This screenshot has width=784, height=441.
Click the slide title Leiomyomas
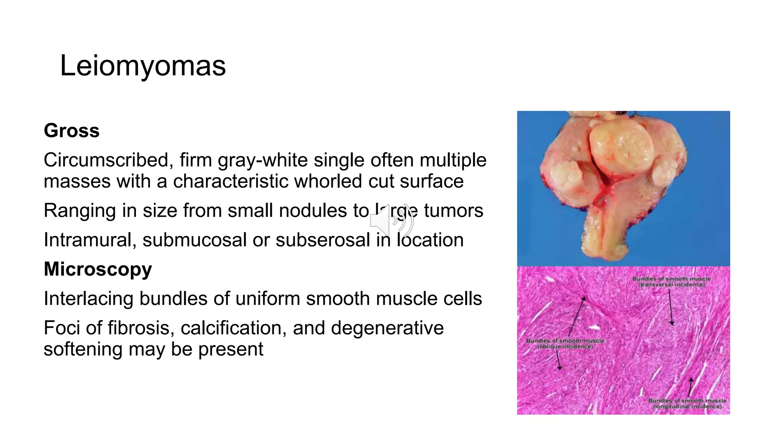(143, 66)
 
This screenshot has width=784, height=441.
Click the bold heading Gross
(72, 131)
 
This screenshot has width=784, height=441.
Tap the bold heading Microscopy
(98, 269)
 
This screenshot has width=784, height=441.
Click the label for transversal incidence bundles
(671, 282)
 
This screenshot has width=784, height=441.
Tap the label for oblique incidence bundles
(565, 343)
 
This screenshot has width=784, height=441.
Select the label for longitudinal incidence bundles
(687, 403)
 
